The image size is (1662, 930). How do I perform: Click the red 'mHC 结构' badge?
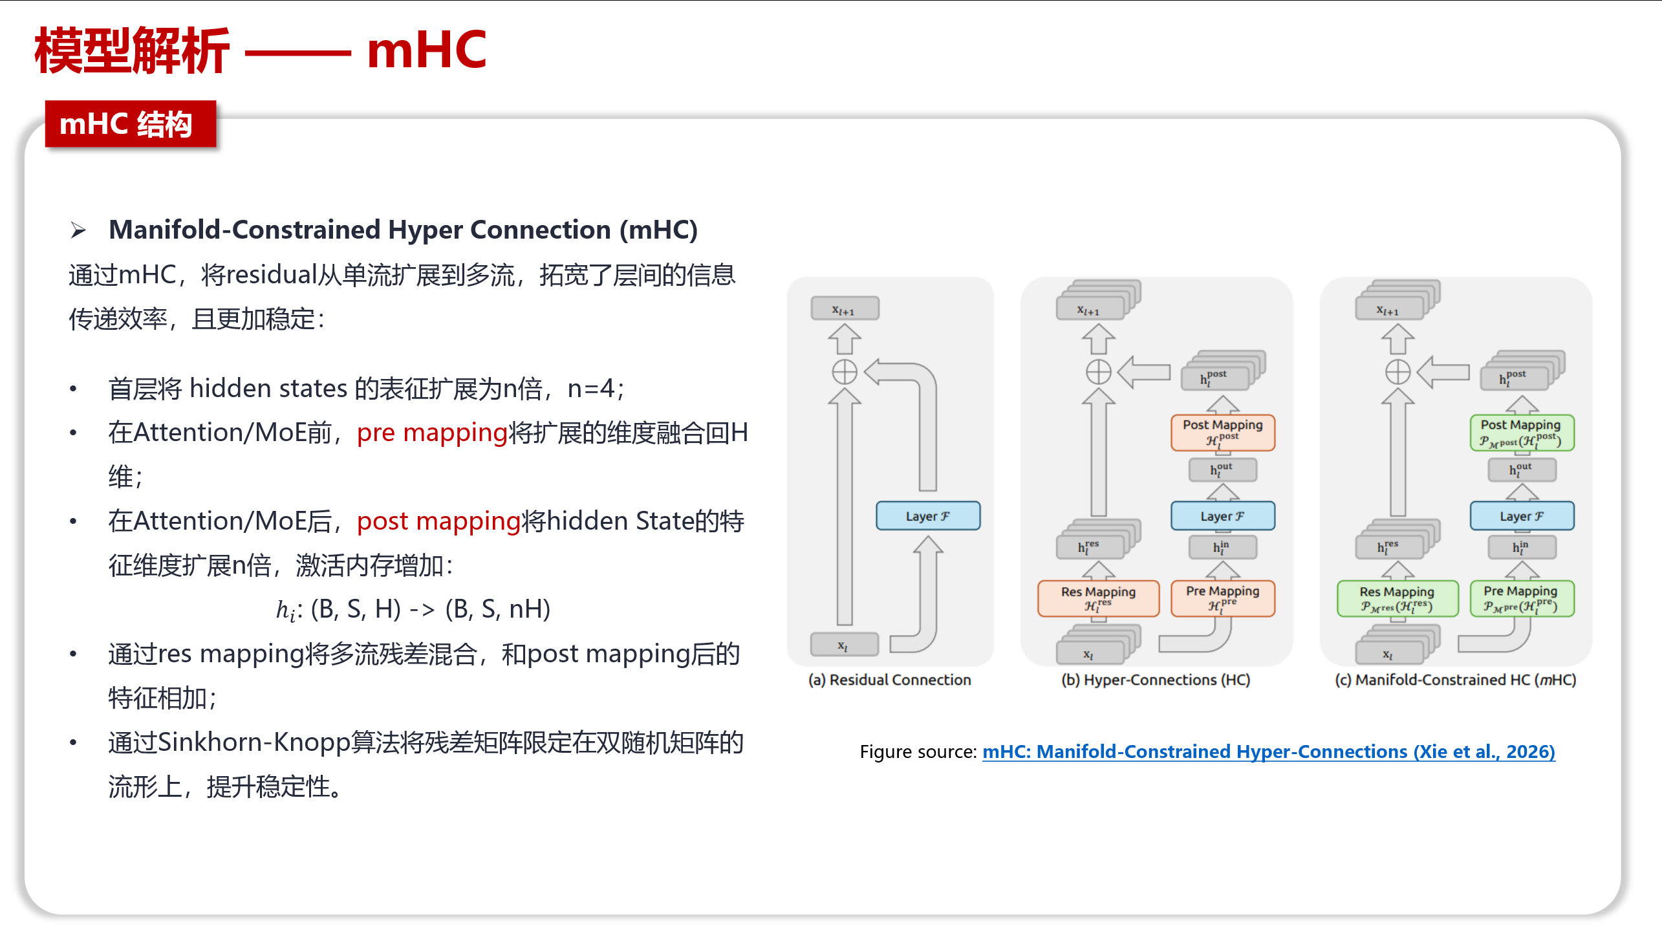130,124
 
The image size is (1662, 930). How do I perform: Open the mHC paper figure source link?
1268,752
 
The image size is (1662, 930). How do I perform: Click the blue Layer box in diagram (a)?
927,516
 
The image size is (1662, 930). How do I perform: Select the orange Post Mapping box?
1222,432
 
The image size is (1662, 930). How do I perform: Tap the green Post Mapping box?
1521,432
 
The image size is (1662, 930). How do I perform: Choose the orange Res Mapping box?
1098,598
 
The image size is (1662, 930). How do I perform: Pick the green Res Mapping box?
1397,598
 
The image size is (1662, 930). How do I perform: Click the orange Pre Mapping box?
1222,598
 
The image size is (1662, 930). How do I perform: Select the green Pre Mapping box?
1521,598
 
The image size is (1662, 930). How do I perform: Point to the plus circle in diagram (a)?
844,372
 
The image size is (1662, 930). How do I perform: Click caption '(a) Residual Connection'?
889,680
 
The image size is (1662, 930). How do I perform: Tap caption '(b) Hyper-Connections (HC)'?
1156,680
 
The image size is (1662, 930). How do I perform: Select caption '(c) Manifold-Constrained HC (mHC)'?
1455,680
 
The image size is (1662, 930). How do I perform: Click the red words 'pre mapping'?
432,433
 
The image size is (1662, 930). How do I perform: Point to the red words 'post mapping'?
438,521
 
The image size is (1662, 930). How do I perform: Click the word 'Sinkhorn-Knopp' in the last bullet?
254,742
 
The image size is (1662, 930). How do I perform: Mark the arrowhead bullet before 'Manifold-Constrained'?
78,230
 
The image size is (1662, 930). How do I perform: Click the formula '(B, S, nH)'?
497,609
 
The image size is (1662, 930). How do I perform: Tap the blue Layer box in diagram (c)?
1521,516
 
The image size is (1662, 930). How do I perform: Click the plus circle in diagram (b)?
1098,372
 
